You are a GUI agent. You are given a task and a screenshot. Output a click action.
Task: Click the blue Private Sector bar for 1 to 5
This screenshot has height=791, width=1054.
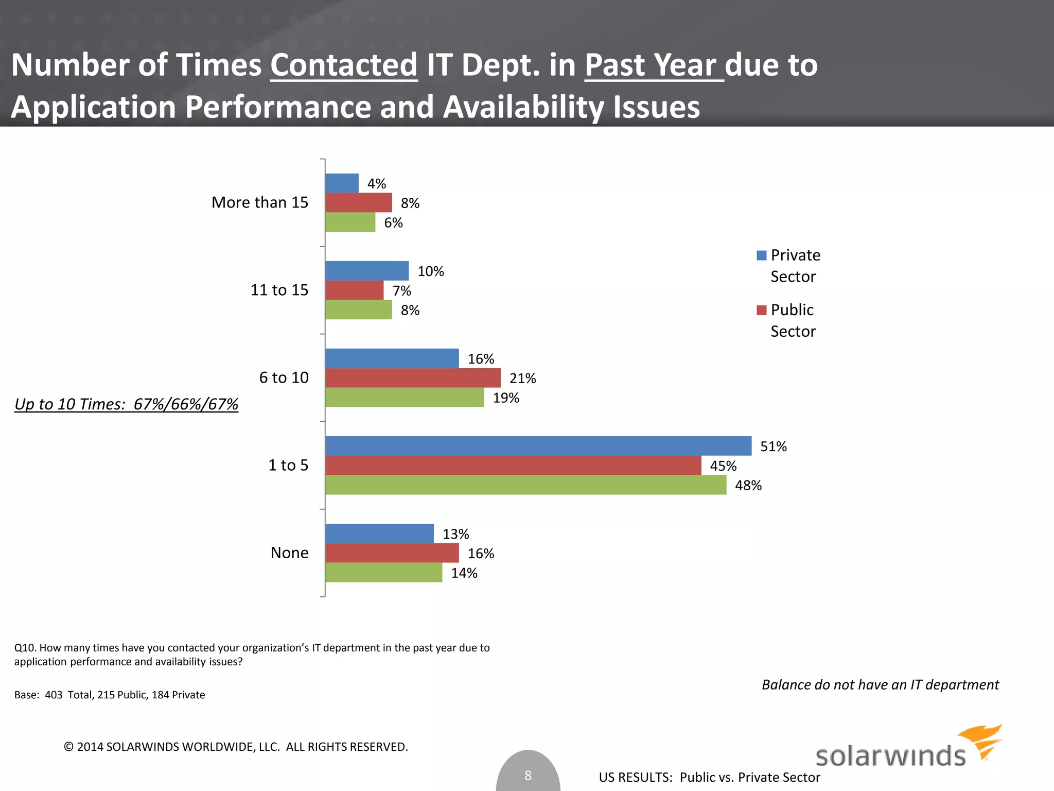coord(538,446)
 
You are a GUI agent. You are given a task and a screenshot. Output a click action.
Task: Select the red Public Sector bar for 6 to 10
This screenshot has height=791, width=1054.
coord(413,378)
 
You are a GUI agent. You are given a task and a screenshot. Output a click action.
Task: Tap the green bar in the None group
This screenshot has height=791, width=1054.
coord(383,573)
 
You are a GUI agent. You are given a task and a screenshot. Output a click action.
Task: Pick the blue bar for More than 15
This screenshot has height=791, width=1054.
coord(342,183)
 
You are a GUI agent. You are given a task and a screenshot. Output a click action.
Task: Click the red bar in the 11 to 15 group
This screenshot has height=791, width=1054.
coord(354,290)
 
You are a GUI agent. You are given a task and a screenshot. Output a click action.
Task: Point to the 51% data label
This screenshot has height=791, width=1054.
coord(773,446)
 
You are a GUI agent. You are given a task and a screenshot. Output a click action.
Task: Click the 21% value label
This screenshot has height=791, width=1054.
coord(522,379)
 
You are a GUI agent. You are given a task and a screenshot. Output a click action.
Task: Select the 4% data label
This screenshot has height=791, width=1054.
coord(376,184)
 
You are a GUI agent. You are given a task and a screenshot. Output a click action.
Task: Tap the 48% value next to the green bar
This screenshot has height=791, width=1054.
coord(748,486)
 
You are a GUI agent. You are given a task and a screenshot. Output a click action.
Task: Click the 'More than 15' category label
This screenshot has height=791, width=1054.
coord(260,202)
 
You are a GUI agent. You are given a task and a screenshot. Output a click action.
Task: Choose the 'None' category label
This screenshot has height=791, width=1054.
coord(289,553)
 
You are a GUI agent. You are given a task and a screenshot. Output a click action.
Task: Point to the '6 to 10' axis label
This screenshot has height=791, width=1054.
coord(284,377)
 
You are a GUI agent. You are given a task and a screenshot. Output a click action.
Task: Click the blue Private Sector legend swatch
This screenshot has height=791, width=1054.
coord(761,255)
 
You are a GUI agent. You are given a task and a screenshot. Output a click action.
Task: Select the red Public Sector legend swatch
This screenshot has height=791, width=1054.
coord(761,310)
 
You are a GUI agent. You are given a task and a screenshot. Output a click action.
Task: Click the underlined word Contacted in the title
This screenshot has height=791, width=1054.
coord(343,65)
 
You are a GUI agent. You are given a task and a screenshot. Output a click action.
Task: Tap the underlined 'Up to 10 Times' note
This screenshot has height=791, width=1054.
coord(126,404)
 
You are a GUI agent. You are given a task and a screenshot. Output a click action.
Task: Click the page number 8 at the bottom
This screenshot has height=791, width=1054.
coord(528,775)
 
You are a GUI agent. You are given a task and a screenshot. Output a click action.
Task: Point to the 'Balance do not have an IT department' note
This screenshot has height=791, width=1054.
coord(880,684)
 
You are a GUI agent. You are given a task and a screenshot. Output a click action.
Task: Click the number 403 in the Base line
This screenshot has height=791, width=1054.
coord(54,695)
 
